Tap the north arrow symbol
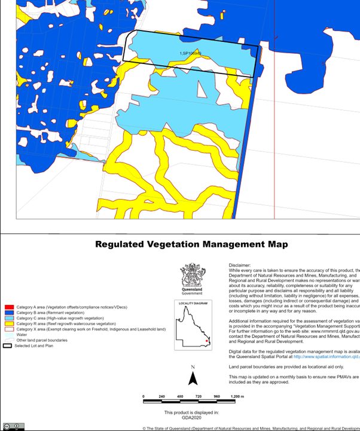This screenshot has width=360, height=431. [x=193, y=378]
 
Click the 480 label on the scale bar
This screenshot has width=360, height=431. [x=181, y=397]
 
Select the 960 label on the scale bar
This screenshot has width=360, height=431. [x=217, y=397]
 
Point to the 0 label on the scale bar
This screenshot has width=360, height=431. [x=144, y=397]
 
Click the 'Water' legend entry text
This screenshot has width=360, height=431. [x=22, y=335]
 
